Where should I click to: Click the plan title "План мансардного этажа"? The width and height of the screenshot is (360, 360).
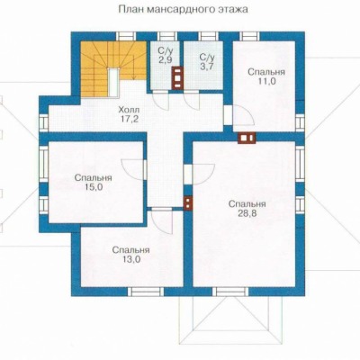184,9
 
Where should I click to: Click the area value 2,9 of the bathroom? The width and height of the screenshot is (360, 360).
165,59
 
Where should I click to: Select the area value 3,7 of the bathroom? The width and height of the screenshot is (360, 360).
207,66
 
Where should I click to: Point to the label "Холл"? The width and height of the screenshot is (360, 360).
129,109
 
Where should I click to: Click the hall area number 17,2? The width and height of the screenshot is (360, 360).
129,119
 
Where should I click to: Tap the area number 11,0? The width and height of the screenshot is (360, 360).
266,82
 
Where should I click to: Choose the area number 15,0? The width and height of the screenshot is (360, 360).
94,187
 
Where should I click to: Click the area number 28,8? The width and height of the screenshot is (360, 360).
247,213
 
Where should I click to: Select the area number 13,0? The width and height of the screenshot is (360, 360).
130,259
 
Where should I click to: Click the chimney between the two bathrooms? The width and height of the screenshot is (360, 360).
177,77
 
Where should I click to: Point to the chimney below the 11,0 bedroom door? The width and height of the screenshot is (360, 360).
247,138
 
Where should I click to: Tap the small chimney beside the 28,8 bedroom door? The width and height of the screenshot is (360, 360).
188,203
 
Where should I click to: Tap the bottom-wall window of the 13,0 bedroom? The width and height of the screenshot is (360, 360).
146,292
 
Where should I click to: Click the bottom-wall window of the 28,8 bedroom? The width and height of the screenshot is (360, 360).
230,292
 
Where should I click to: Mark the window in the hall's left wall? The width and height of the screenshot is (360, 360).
44,122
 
